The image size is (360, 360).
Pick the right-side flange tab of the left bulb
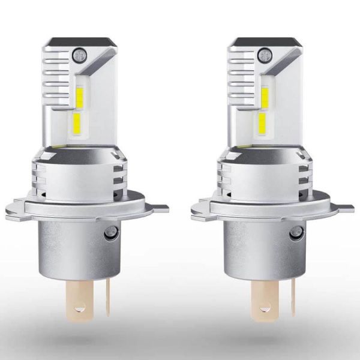(157, 208)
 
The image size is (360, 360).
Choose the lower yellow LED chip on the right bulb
(263, 124)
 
